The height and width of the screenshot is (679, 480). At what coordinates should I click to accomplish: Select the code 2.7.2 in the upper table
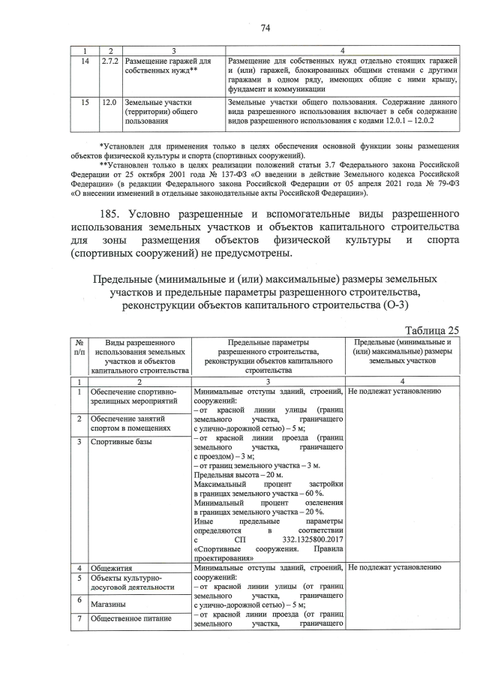click(109, 59)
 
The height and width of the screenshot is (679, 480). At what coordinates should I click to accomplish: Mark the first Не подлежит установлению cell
click(389, 392)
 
